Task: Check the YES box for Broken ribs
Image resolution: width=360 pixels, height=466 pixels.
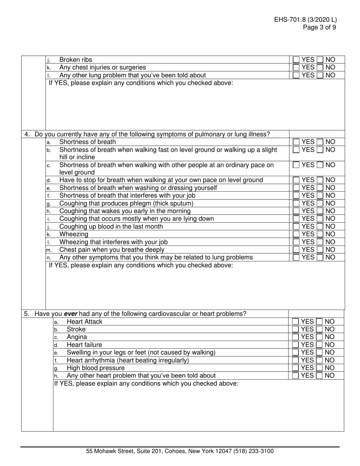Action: (x=296, y=60)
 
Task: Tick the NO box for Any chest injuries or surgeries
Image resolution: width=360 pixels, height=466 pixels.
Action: (x=320, y=67)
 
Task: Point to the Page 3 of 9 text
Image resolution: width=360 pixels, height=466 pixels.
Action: (x=319, y=27)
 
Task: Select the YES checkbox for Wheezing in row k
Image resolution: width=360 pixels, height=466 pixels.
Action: (x=296, y=234)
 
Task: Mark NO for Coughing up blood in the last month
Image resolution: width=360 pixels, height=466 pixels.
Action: (x=320, y=227)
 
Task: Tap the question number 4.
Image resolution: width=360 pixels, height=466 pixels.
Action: (x=27, y=134)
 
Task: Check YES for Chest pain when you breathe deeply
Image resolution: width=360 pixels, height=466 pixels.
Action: (x=296, y=250)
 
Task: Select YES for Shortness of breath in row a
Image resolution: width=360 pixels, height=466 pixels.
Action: (x=296, y=142)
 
